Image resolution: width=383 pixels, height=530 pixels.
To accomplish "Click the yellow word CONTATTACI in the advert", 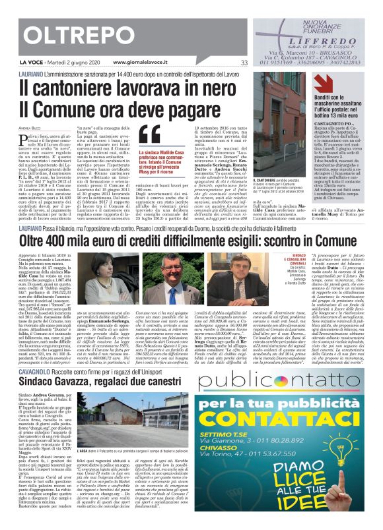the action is [285, 420].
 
